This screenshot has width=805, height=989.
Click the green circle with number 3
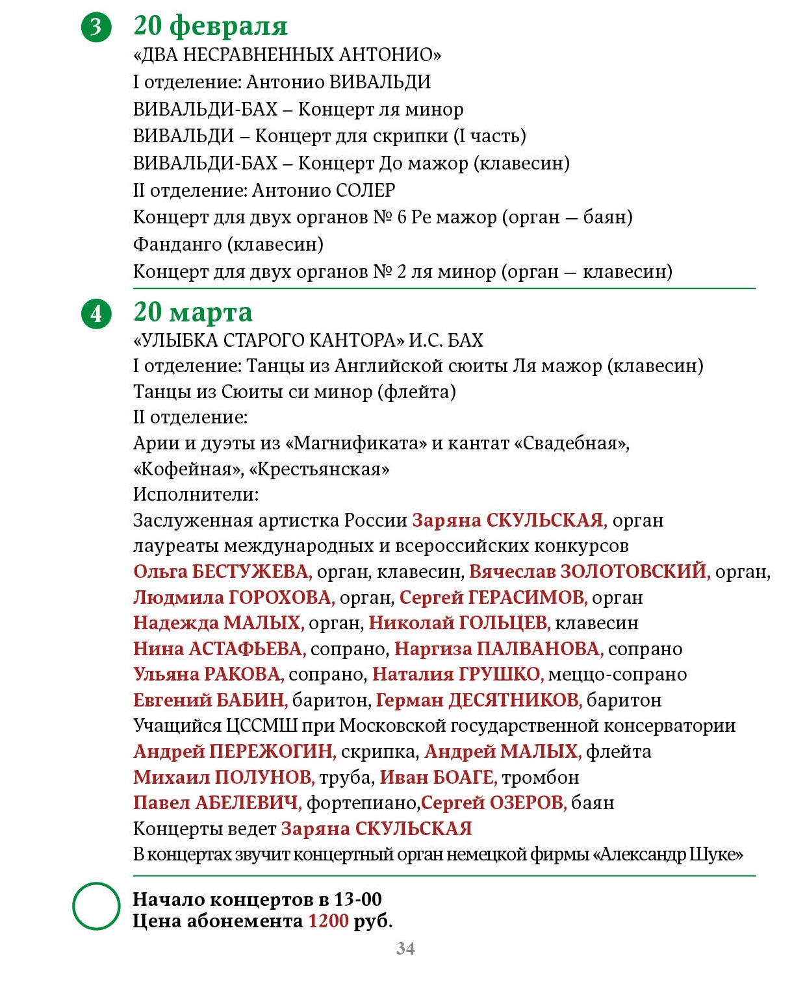[96, 27]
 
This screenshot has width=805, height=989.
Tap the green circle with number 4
[96, 314]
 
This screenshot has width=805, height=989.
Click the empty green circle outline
[96, 906]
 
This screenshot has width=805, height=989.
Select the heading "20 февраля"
[211, 26]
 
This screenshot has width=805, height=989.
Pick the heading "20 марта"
[193, 312]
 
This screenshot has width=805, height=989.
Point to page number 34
[405, 949]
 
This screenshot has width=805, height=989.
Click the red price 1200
[328, 921]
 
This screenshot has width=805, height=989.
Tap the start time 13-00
[358, 899]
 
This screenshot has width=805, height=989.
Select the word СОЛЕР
[366, 190]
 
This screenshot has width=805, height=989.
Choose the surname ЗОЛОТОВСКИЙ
[635, 571]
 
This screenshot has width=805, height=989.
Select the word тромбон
[540, 777]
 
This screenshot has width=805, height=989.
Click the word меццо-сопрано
[617, 674]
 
